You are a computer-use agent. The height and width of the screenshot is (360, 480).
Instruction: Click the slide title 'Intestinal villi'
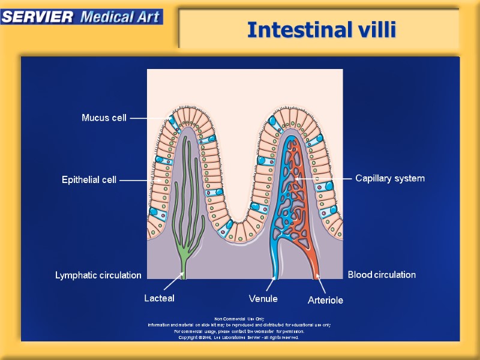coord(322,29)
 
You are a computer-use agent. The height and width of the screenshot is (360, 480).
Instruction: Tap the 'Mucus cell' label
coord(104,118)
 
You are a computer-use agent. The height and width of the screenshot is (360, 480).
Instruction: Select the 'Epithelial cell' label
coord(89,180)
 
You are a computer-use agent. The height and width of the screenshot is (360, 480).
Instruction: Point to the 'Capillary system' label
coord(390,179)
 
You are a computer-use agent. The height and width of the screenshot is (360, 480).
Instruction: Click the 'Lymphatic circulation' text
coord(98,275)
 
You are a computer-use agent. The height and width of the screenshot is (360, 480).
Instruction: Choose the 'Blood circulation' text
coord(382,275)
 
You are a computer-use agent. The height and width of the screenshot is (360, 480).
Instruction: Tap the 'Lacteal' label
coord(159,298)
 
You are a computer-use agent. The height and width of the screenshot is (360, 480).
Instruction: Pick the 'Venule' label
coord(263,298)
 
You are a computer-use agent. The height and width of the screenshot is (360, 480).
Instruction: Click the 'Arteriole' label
coord(325,299)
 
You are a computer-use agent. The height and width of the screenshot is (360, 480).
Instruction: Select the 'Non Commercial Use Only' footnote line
coord(239,319)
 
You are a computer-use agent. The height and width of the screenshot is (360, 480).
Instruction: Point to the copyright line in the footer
coord(239,337)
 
